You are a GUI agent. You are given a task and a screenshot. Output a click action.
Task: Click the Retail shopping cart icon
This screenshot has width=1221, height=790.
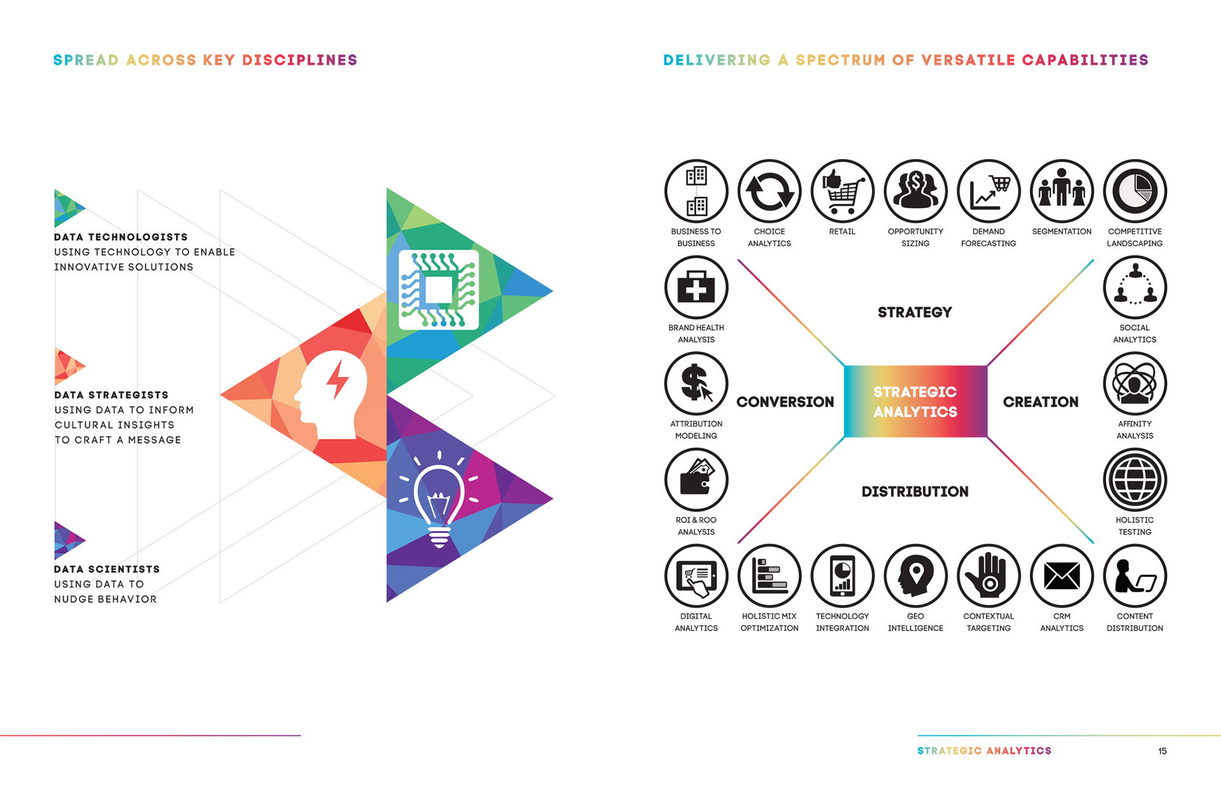[842, 191]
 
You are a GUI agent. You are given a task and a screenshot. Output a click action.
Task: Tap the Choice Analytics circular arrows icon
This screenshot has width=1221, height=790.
[769, 191]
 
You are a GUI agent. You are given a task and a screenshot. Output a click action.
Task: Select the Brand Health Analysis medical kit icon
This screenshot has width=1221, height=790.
[696, 288]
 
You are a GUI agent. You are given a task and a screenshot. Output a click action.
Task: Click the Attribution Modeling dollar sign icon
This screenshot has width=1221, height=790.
[696, 384]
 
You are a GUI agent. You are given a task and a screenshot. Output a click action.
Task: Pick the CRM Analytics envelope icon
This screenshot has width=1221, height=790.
[1061, 576]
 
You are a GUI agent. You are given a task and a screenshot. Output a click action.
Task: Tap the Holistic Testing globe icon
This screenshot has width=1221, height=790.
[1135, 480]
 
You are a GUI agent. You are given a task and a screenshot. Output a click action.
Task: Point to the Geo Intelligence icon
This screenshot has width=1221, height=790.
[915, 576]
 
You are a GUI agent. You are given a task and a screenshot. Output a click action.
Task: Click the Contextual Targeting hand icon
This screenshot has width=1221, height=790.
[988, 576]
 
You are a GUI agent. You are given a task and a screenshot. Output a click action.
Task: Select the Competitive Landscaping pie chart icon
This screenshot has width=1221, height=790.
[1135, 191]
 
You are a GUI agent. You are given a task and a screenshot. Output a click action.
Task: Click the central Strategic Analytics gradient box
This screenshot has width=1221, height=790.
[915, 401]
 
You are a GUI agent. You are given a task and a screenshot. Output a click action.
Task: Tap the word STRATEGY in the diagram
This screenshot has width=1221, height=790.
[914, 312]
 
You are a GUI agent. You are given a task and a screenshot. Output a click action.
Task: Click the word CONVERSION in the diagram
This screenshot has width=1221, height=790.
[785, 402]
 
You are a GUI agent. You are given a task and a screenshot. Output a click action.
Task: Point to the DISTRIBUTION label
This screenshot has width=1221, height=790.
[914, 492]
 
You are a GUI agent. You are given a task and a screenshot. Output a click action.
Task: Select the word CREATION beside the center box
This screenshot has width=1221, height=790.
[1040, 402]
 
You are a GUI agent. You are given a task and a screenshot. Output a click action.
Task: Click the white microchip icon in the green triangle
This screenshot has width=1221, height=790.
[438, 289]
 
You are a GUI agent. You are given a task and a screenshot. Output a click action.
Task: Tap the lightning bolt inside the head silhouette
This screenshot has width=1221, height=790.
[337, 381]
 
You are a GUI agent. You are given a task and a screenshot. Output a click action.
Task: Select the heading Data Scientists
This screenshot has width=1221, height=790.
[107, 569]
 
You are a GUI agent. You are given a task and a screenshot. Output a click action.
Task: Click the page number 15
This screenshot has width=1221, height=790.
[1162, 751]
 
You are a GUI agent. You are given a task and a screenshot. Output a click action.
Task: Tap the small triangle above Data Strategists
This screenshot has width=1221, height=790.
[67, 366]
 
